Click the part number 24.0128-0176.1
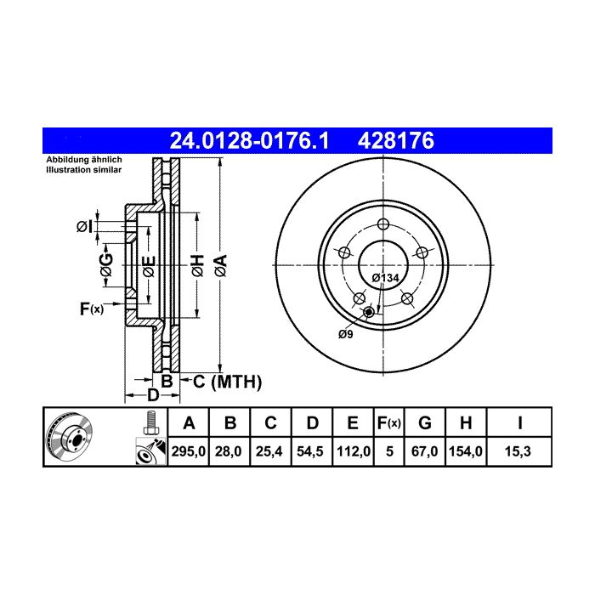click(x=249, y=141)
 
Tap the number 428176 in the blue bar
click(x=396, y=141)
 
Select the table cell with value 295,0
click(x=188, y=451)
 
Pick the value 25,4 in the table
click(x=269, y=451)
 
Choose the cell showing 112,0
click(x=353, y=451)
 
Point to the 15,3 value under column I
click(x=518, y=451)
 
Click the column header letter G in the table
click(x=425, y=422)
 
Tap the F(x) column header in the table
click(x=389, y=422)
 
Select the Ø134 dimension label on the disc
click(x=385, y=278)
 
